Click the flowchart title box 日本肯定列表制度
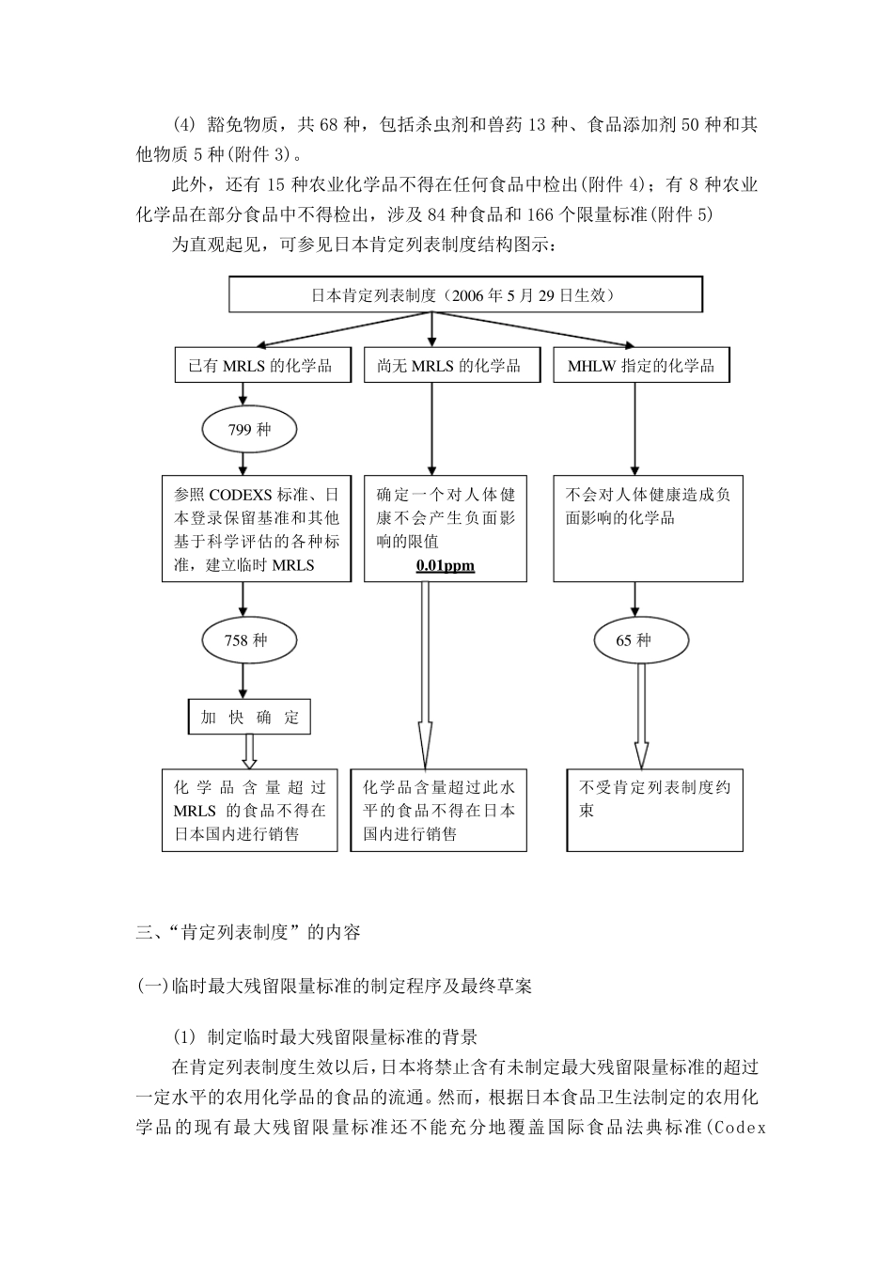(465, 294)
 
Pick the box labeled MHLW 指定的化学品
(641, 366)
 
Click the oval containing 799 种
(249, 430)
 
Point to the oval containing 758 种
(245, 640)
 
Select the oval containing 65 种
(634, 640)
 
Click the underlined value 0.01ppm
(446, 566)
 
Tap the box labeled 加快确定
(249, 718)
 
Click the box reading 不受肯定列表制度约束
(654, 810)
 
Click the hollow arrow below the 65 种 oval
(641, 715)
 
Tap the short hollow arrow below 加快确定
(249, 751)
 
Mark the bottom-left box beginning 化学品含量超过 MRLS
(249, 810)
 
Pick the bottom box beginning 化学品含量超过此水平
(438, 810)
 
